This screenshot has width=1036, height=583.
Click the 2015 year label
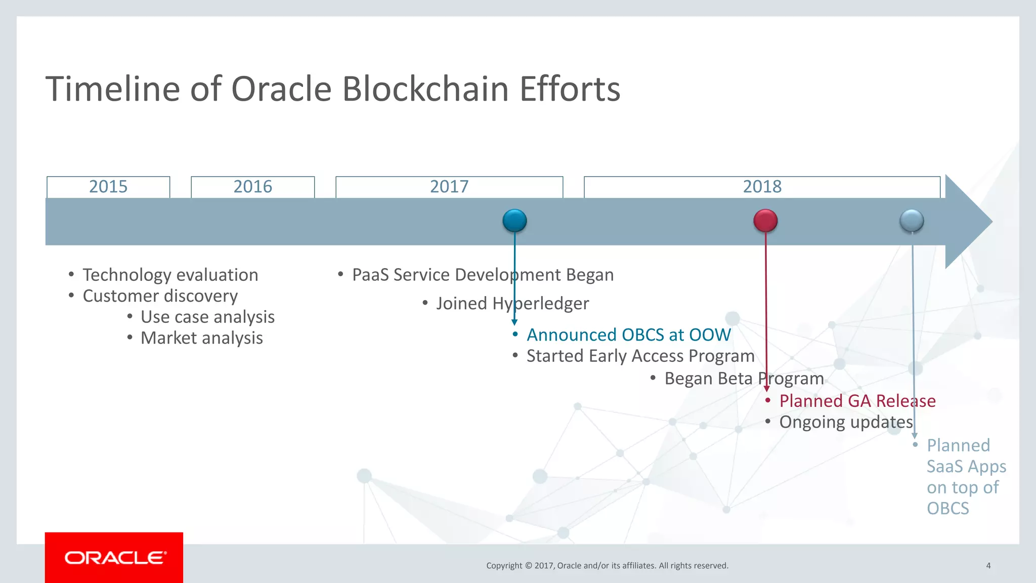pyautogui.click(x=108, y=187)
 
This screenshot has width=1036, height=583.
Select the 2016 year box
pyautogui.click(x=252, y=187)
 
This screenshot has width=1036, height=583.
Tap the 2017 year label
pyautogui.click(x=449, y=187)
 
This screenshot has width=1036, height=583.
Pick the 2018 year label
pyautogui.click(x=762, y=187)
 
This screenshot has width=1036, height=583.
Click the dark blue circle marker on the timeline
pyautogui.click(x=514, y=221)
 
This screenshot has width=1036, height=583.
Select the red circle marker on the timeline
pyautogui.click(x=765, y=221)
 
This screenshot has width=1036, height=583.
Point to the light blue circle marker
pyautogui.click(x=912, y=221)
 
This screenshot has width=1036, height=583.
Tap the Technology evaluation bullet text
pyautogui.click(x=170, y=275)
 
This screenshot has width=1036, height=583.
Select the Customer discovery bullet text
pyautogui.click(x=160, y=296)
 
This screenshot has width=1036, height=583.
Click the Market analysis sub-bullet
pyautogui.click(x=201, y=338)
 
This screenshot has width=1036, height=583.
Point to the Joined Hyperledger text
pyautogui.click(x=512, y=304)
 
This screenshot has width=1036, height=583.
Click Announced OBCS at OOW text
pyautogui.click(x=628, y=335)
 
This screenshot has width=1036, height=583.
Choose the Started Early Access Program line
pyautogui.click(x=640, y=356)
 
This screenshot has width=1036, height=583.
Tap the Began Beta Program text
pyautogui.click(x=744, y=379)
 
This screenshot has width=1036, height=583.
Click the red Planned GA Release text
pyautogui.click(x=857, y=401)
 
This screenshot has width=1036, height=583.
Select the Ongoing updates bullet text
pyautogui.click(x=846, y=422)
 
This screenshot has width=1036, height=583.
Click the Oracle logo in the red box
pyautogui.click(x=115, y=558)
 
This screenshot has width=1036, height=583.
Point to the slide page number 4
pyautogui.click(x=988, y=566)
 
